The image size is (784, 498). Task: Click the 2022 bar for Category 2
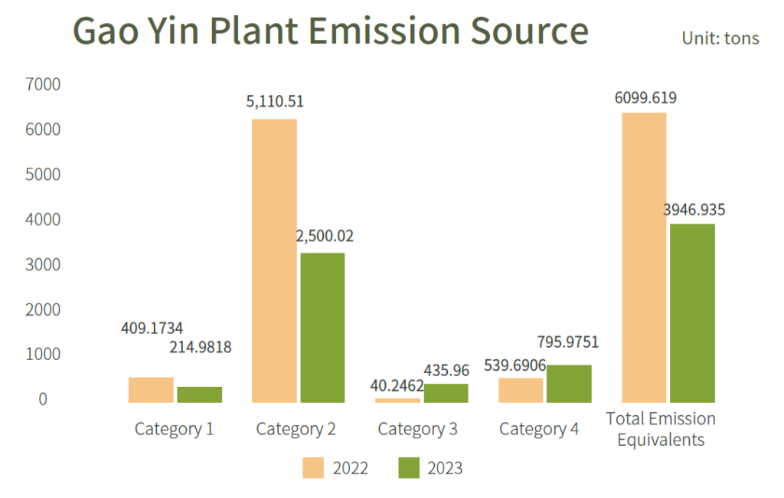(x=274, y=260)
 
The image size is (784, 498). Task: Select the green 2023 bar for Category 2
(x=322, y=327)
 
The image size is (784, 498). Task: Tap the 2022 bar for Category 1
(x=151, y=389)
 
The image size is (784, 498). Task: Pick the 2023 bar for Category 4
(x=569, y=383)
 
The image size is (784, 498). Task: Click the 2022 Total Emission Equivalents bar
(x=644, y=257)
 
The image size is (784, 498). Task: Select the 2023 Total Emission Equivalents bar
(x=692, y=313)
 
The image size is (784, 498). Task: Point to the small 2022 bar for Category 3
(x=397, y=400)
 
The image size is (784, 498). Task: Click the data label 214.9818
(x=199, y=347)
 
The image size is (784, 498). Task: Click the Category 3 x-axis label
(x=417, y=429)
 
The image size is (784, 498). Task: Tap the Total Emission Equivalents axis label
(x=661, y=429)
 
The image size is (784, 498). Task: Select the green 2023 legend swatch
(x=410, y=467)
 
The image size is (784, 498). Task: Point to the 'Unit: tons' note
(x=720, y=38)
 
